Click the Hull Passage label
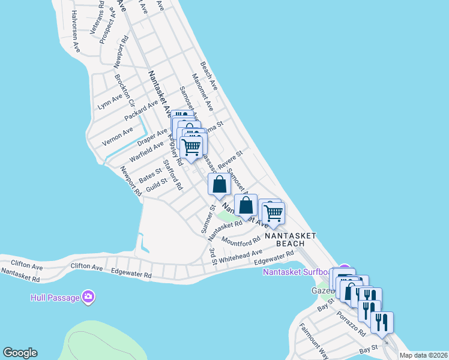pos(56,298)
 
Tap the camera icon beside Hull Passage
pos(88,296)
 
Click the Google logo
pos(20,353)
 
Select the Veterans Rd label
pos(97,22)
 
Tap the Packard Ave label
pos(141,110)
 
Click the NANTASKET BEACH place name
pos(291,241)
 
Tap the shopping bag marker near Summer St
pos(219,184)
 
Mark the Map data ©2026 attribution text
pos(423,355)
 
